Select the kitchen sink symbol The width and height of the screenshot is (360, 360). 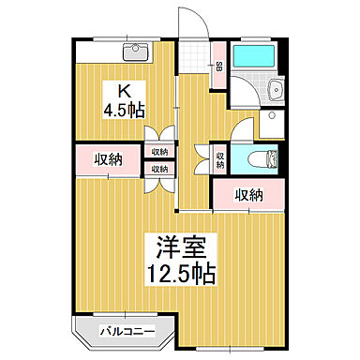click(137, 51)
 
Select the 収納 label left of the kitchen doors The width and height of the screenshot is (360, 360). click(109, 158)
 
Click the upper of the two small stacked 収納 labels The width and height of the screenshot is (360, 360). click(157, 152)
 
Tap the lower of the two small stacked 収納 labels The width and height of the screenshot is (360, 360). click(157, 169)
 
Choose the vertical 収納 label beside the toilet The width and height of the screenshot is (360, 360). click(219, 160)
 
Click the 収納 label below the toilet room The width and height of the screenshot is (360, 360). click(248, 195)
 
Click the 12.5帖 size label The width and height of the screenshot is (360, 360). click(181, 275)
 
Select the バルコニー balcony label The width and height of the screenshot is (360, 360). click(125, 330)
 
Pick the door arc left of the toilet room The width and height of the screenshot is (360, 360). click(202, 157)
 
